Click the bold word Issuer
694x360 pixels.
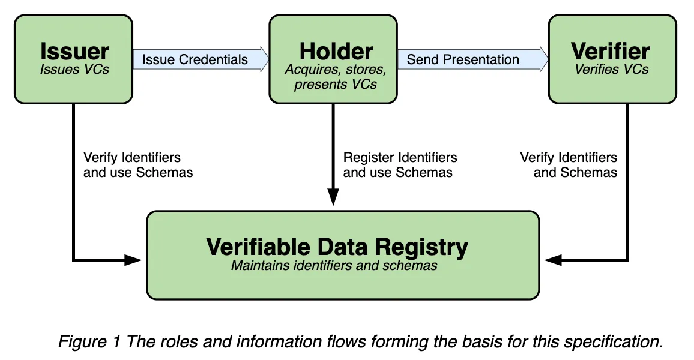click(x=75, y=52)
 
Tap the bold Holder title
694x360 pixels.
click(x=336, y=52)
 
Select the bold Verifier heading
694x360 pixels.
click(x=611, y=52)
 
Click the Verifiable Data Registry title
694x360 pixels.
click(x=337, y=247)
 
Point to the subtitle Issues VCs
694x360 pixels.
click(x=74, y=70)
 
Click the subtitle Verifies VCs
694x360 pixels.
click(x=611, y=70)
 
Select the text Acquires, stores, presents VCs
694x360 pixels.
click(x=336, y=77)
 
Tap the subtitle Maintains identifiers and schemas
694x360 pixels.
click(x=334, y=265)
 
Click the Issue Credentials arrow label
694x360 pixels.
click(x=195, y=59)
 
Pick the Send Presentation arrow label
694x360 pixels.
click(x=462, y=59)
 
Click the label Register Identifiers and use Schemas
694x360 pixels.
click(x=400, y=164)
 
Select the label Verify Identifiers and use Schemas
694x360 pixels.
click(x=138, y=164)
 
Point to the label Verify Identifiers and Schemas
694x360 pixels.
click(x=569, y=164)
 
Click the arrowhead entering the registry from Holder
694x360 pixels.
click(x=333, y=197)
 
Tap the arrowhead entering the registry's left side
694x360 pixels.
click(x=133, y=260)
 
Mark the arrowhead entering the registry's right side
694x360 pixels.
click(x=553, y=260)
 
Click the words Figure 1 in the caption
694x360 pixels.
click(x=89, y=342)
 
